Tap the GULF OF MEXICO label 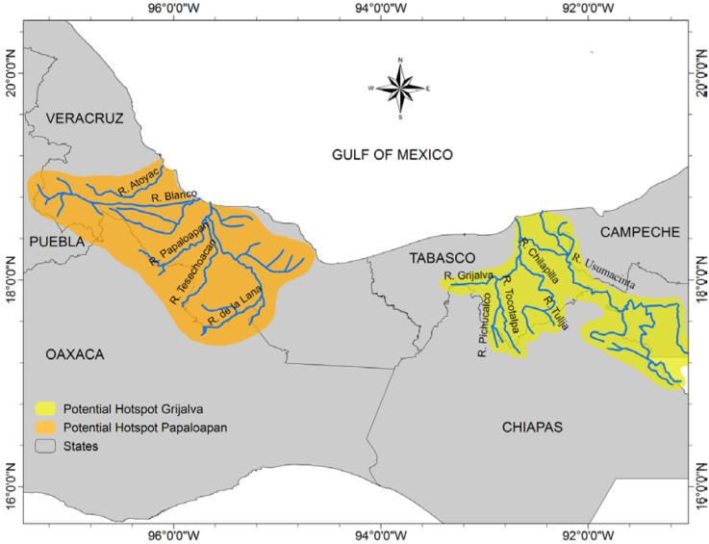click(x=392, y=154)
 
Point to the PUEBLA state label click(x=56, y=240)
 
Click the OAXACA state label click(x=74, y=354)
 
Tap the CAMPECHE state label click(x=640, y=232)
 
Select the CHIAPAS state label click(x=533, y=427)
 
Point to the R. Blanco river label click(x=174, y=195)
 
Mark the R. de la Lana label click(x=235, y=308)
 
